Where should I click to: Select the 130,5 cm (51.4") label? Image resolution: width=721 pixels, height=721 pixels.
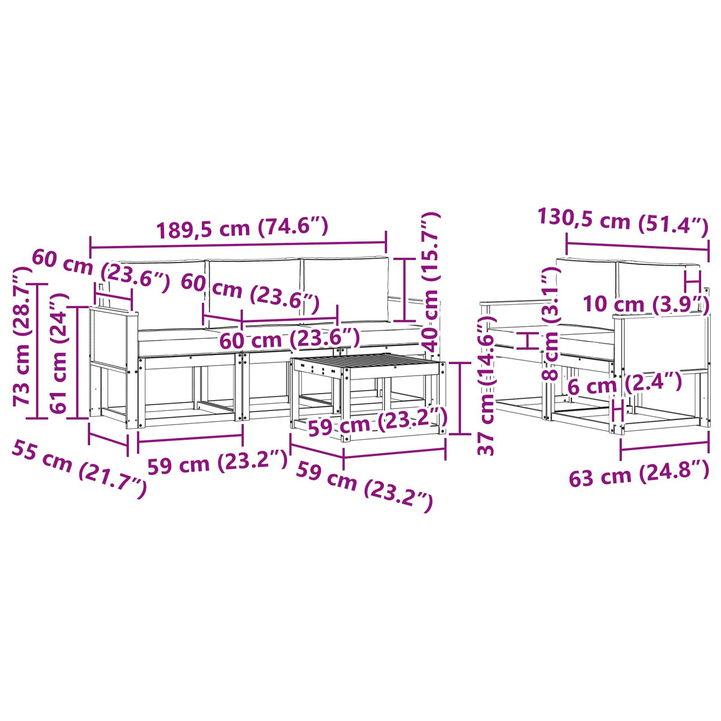click(622, 224)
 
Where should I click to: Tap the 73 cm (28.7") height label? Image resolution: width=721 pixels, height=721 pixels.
click(22, 336)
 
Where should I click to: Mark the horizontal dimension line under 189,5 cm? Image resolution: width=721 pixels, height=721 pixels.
click(239, 246)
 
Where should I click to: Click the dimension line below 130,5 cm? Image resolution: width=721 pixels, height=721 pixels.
click(637, 246)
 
